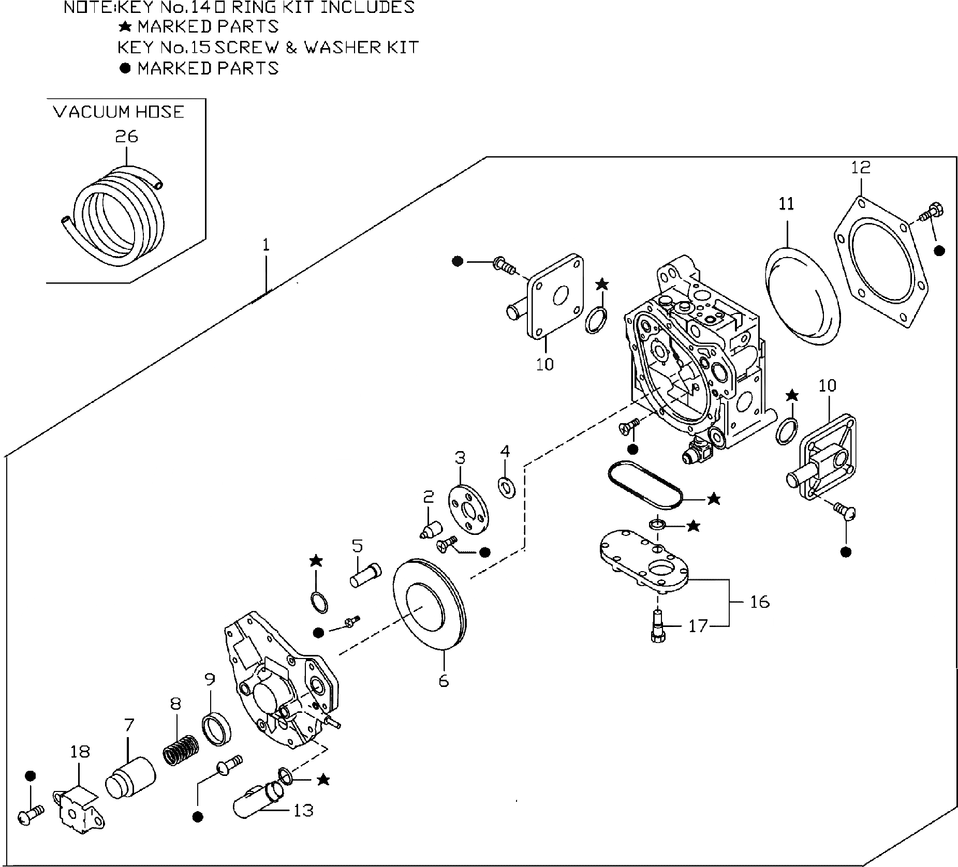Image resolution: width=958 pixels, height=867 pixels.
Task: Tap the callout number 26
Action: coord(126,137)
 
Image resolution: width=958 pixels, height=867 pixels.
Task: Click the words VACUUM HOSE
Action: coord(119,112)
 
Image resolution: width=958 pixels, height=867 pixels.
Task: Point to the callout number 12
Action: coord(861,167)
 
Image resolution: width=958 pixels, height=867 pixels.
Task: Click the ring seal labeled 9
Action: coord(216,729)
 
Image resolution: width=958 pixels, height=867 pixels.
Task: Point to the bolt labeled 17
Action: coord(656,626)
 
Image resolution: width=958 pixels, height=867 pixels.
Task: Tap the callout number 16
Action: coord(759,602)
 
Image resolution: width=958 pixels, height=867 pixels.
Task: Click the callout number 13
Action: coord(303,810)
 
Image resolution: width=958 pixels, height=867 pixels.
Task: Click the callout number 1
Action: coord(266,245)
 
